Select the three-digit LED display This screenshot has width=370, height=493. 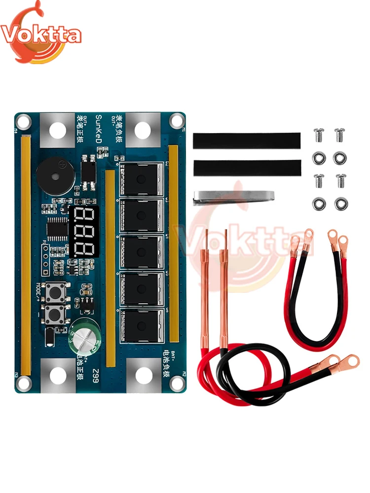(84, 231)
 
